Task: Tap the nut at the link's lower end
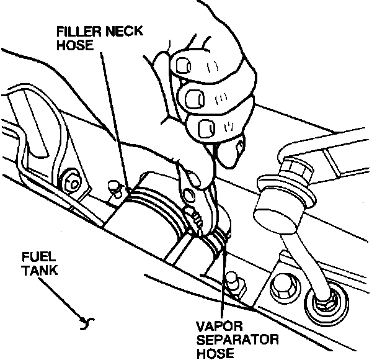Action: pos(323,305)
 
